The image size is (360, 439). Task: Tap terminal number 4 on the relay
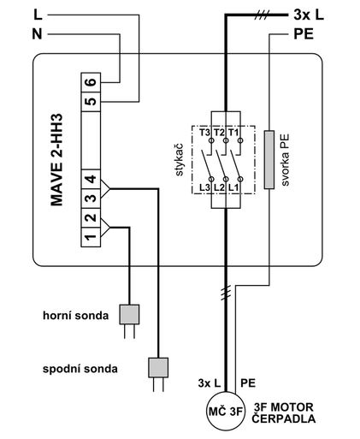(x=90, y=181)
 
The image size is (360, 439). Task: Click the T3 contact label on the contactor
(x=204, y=133)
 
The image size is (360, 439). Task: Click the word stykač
(x=180, y=159)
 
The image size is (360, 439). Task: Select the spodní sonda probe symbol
(x=159, y=368)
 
